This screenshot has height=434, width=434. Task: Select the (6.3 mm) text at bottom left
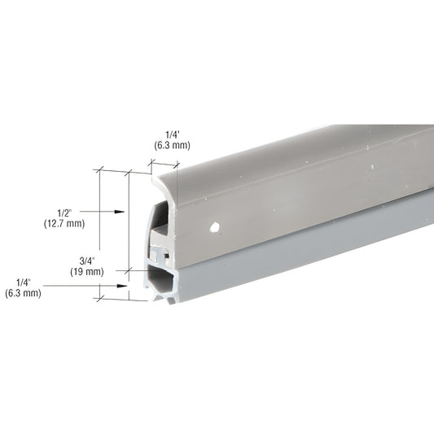[23, 293]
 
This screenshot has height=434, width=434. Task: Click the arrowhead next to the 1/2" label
[121, 212]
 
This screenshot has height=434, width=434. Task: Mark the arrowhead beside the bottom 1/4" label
[125, 286]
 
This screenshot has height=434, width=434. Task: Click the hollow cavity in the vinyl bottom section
[161, 282]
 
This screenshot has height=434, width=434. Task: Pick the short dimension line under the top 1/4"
[164, 166]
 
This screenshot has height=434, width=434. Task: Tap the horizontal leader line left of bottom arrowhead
[81, 286]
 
